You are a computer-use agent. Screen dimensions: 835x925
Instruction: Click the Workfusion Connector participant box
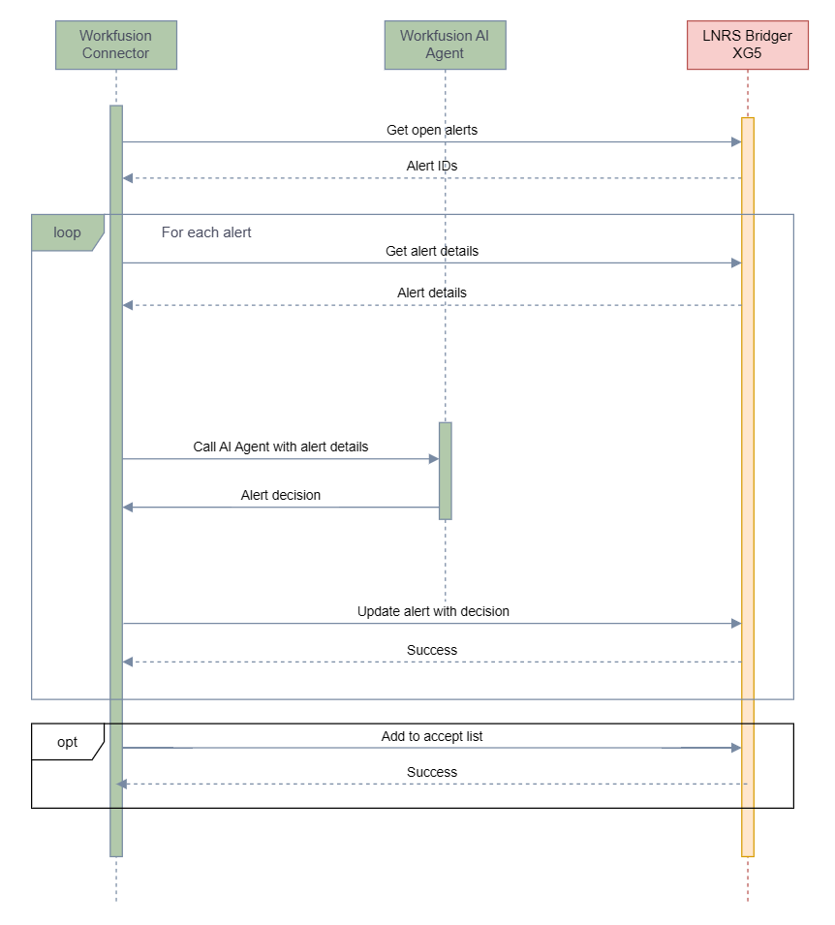coord(116,45)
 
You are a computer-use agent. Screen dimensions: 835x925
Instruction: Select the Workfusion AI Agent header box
coord(445,45)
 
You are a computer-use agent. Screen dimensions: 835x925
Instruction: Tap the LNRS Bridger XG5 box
coord(748,45)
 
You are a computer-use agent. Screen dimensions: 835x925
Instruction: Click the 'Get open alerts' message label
coord(432,130)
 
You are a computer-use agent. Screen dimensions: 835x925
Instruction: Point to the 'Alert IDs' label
coord(432,166)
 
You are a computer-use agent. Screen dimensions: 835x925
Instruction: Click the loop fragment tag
coord(68,232)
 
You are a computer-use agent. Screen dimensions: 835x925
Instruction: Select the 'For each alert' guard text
coord(206,232)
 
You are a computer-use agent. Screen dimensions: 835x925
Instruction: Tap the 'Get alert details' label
coord(432,251)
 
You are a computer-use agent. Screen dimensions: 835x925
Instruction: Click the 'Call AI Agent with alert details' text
coord(281,447)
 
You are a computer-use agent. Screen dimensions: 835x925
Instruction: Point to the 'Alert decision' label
coord(281,495)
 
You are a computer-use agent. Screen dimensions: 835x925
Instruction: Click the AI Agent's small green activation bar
coord(446,471)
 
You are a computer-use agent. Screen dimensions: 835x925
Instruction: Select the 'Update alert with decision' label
coord(433,611)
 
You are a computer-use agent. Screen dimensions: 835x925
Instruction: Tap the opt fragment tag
coord(68,742)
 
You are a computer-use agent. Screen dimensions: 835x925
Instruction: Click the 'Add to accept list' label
coord(432,736)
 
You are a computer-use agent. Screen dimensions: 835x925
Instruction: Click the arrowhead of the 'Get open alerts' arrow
coord(736,141)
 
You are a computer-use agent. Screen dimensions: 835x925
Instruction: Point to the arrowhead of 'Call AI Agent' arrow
coord(434,458)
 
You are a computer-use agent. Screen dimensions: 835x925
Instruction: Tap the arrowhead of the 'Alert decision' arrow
coord(128,507)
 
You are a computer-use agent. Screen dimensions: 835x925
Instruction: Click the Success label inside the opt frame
coord(432,772)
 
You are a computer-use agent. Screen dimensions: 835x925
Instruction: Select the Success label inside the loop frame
coord(432,650)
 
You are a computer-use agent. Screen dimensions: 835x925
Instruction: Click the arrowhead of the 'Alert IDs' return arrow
coord(128,177)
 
